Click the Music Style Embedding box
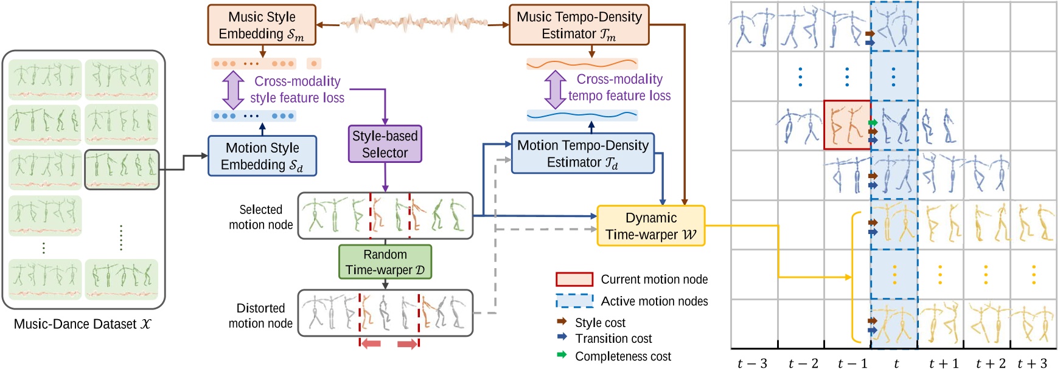click(x=262, y=25)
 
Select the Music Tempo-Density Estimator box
click(x=579, y=25)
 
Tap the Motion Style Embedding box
click(x=262, y=156)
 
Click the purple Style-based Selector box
click(x=385, y=144)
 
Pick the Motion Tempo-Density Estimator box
click(x=582, y=154)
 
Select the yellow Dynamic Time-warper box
click(x=650, y=226)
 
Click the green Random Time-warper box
click(x=385, y=262)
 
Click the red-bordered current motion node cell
click(x=847, y=125)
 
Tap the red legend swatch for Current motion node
click(x=574, y=280)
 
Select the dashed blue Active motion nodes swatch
click(x=574, y=301)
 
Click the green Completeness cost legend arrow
click(x=562, y=355)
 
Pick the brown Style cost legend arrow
click(x=562, y=322)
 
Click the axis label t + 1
click(x=943, y=364)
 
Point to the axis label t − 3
click(x=752, y=364)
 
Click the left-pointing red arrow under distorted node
click(x=371, y=344)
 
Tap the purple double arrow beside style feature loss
click(x=233, y=89)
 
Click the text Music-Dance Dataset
click(x=82, y=324)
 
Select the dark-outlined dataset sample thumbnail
click(x=122, y=170)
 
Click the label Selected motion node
click(x=260, y=217)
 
